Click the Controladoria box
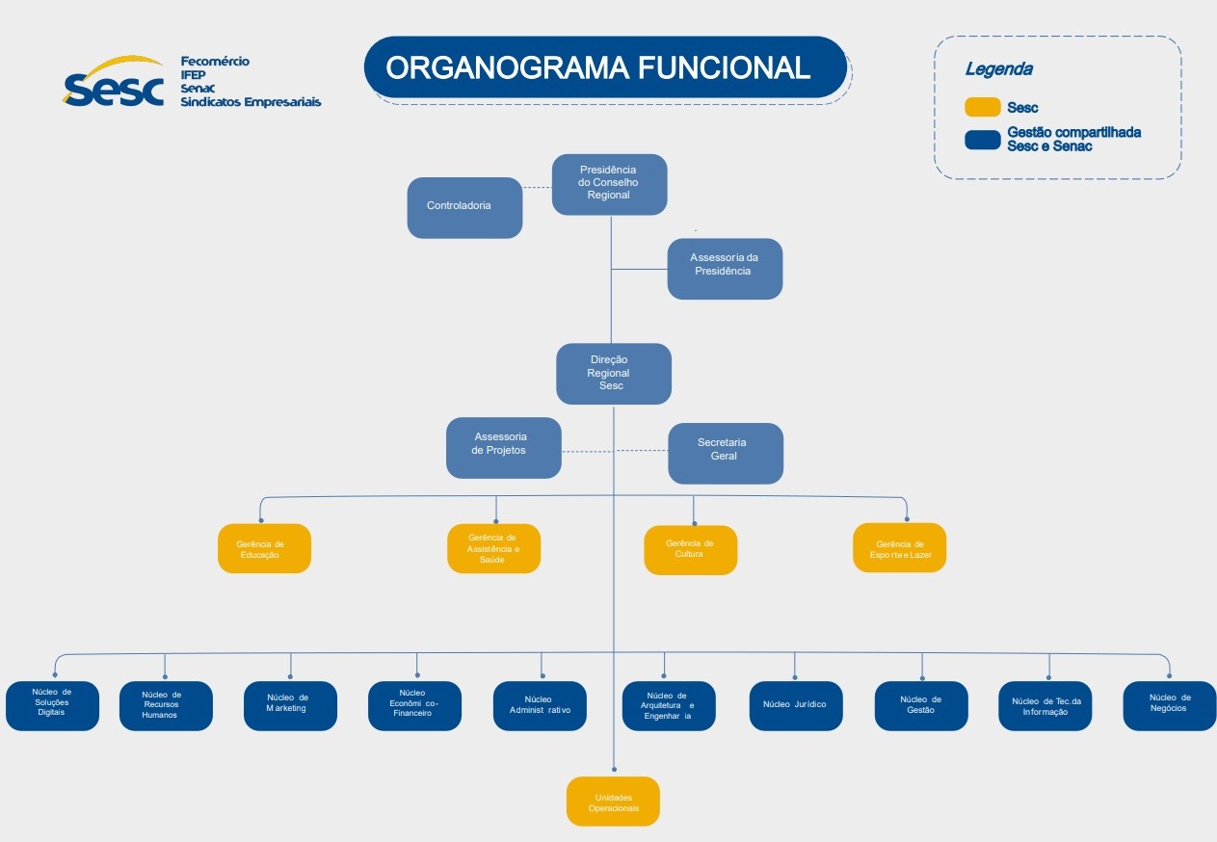[464, 206]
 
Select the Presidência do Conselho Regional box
[609, 183]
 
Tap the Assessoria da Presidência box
[725, 268]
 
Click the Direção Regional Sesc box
[613, 373]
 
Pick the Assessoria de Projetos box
[503, 447]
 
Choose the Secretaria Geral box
[725, 453]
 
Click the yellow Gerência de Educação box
[264, 548]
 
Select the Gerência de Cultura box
[690, 549]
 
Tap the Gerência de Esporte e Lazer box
[899, 547]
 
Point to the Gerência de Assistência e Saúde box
[493, 548]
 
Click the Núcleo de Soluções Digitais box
[52, 705]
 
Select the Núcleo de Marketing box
[290, 705]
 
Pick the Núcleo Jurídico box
[795, 705]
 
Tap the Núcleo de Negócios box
[1169, 705]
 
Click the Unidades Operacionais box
[613, 801]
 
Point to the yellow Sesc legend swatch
[982, 107]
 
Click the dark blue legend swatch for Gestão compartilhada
[982, 140]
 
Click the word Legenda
[998, 69]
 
